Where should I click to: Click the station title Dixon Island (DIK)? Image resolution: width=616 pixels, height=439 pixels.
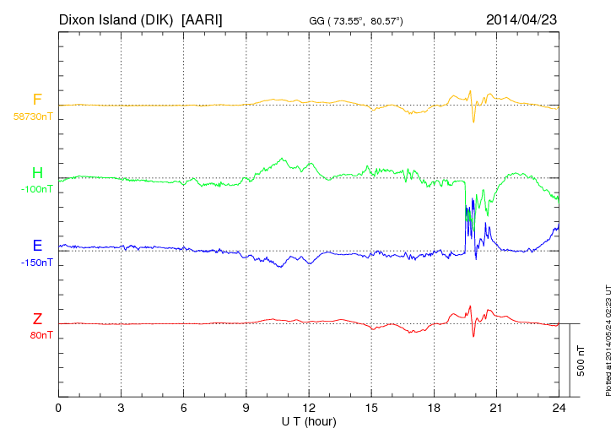coord(116,19)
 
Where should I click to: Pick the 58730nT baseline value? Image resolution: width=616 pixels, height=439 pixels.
coord(33,117)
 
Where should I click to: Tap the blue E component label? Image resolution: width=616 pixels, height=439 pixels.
coord(37,246)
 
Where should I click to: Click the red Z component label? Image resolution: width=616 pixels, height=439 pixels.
coord(37,319)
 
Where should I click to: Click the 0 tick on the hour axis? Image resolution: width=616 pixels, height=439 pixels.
coord(58,409)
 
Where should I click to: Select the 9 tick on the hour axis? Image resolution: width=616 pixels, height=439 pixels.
coord(246,409)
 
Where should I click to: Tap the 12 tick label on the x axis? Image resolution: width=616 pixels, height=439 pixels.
coord(309,409)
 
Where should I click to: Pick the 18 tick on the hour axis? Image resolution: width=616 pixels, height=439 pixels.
coord(434,409)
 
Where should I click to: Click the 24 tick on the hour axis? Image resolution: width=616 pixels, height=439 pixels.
coord(559,409)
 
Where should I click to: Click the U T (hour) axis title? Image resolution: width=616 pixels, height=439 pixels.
coord(309,420)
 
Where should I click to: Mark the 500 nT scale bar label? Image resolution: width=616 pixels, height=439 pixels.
coord(581,360)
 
